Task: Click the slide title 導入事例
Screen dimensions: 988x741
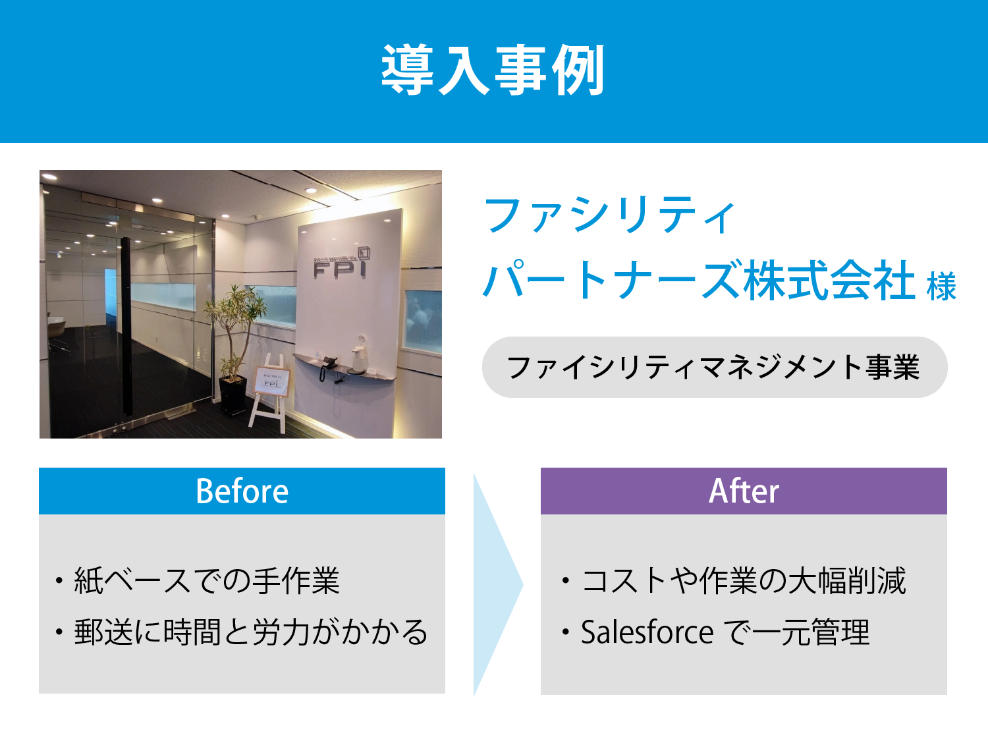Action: point(493,70)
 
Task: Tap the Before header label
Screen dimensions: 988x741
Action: point(242,491)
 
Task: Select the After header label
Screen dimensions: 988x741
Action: point(744,491)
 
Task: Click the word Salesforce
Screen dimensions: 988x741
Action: point(647,632)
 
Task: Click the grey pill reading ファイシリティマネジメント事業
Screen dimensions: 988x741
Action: point(715,367)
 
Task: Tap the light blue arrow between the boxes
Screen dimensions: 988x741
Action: point(498,584)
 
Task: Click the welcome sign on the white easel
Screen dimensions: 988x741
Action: point(271,381)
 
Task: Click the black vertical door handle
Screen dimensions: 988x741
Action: point(126,327)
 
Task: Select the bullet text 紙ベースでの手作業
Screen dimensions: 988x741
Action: point(207,581)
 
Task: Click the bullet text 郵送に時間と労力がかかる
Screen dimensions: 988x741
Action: point(251,632)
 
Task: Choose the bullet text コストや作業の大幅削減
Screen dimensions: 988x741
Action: point(743,581)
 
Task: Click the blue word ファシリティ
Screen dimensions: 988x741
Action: point(609,215)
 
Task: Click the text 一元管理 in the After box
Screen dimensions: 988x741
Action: point(810,632)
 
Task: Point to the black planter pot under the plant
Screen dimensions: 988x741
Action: point(233,396)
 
